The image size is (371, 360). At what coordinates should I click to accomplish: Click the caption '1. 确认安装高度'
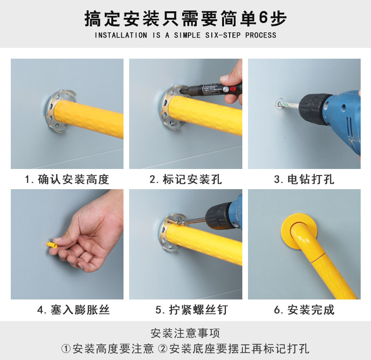point(67,179)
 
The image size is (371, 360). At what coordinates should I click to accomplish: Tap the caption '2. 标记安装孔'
point(186,179)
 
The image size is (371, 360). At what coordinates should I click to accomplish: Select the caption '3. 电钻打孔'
point(304,179)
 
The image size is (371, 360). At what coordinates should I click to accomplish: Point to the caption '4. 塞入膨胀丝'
point(73,310)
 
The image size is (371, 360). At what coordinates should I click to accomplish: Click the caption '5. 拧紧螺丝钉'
point(192,310)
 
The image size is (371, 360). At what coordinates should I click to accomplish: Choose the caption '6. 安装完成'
point(304,310)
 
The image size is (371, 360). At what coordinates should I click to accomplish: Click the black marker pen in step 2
point(210,89)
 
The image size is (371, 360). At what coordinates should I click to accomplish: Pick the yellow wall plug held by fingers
point(52,245)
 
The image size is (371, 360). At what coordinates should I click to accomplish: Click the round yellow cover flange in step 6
point(299,230)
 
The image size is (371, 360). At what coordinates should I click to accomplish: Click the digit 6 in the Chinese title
point(263,18)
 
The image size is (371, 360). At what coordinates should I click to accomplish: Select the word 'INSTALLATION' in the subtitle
point(121,35)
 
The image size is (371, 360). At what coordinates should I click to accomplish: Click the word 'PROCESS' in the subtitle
point(261,35)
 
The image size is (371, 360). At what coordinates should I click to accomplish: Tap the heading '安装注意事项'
point(185,333)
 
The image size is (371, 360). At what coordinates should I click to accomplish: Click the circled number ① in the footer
point(66,349)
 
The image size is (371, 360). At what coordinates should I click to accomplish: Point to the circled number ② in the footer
point(163,349)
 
